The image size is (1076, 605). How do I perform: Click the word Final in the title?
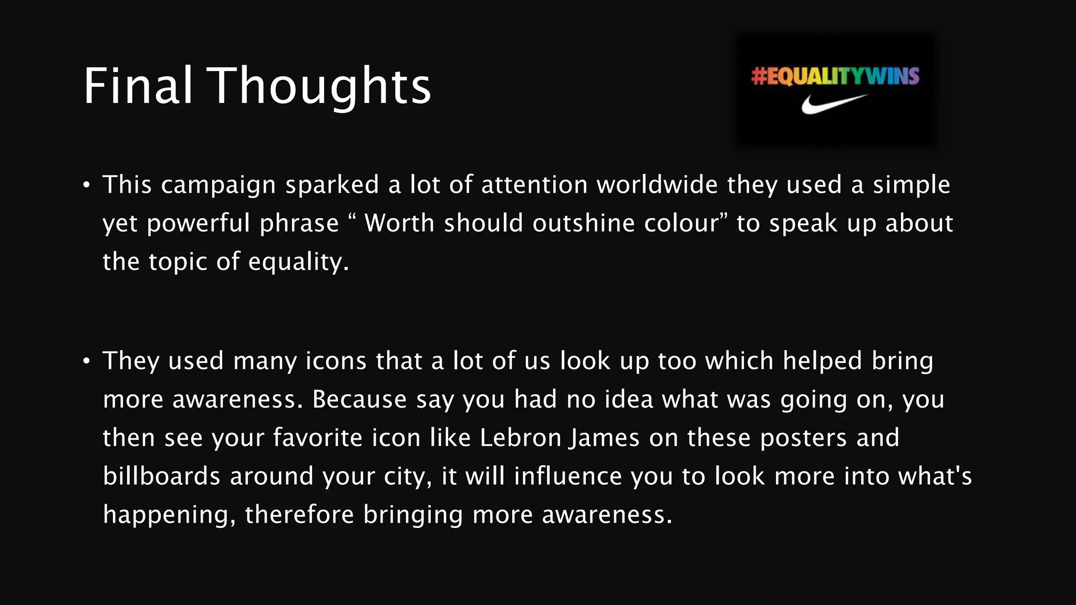click(x=138, y=86)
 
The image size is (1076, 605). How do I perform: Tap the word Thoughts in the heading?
click(x=320, y=87)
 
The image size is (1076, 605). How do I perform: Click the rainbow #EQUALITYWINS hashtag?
click(x=835, y=76)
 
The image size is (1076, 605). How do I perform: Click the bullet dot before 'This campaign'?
click(x=87, y=185)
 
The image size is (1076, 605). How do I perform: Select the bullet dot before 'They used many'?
click(x=87, y=361)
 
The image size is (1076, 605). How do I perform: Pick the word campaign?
click(x=218, y=185)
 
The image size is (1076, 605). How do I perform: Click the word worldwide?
click(x=657, y=184)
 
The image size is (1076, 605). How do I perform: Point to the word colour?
click(x=681, y=223)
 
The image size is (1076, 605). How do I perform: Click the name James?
click(x=605, y=437)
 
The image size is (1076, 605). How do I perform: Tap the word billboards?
click(x=161, y=476)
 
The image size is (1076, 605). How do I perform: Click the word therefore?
click(x=299, y=514)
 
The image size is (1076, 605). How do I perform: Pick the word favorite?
click(x=317, y=437)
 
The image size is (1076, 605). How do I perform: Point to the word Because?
click(x=359, y=399)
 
